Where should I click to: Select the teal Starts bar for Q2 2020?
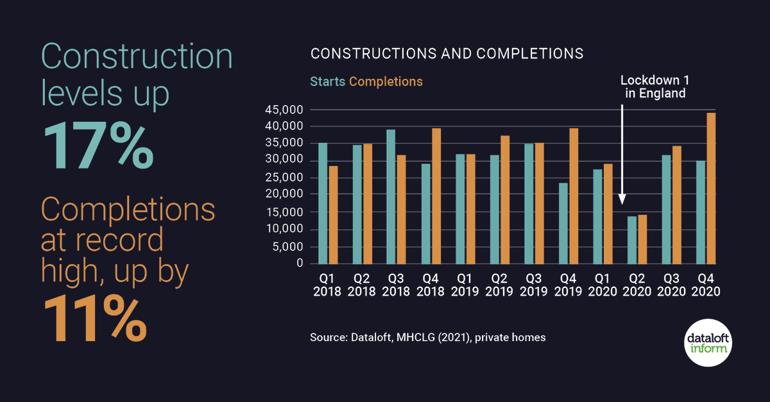point(632,240)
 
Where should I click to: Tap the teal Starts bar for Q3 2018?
point(391,197)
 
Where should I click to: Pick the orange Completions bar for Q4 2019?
point(574,196)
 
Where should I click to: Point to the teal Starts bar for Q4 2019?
point(563,224)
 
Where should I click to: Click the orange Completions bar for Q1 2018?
point(333,215)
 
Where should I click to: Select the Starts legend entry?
point(328,81)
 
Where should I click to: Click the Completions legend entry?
point(386,81)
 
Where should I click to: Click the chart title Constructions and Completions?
point(447,53)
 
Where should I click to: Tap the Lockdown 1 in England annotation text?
point(653,87)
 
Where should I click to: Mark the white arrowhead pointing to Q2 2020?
point(622,199)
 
